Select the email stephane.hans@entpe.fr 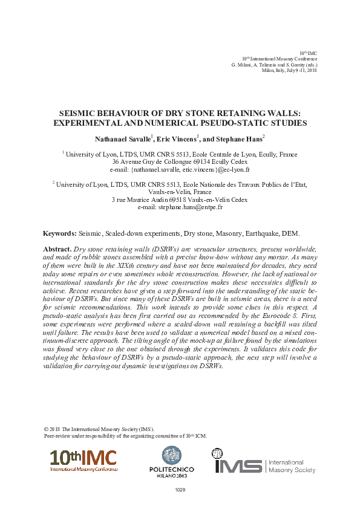[189, 207]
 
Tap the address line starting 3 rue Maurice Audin [180, 199]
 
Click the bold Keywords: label [59, 233]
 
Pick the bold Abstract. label [57, 249]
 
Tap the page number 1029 [180, 488]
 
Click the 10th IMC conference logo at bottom [83, 461]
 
